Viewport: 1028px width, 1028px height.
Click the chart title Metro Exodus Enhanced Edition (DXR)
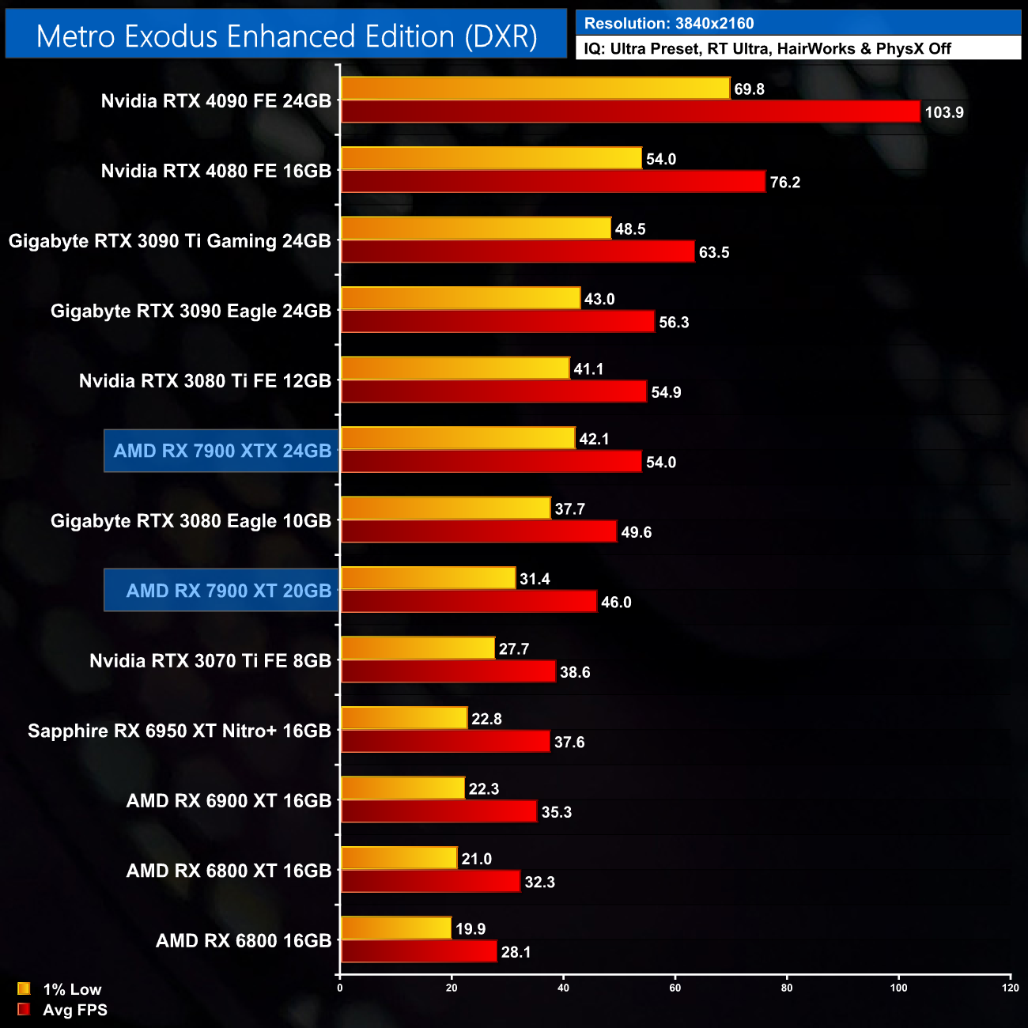[x=286, y=36]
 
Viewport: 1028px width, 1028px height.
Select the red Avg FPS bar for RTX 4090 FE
[x=630, y=111]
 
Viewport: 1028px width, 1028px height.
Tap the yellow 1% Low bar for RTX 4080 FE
[x=491, y=158]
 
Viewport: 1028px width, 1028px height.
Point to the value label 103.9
[x=944, y=112]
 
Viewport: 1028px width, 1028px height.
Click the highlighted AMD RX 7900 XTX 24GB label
[x=222, y=451]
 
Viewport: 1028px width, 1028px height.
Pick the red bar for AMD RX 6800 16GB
[x=419, y=951]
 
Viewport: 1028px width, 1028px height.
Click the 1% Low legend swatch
[x=24, y=988]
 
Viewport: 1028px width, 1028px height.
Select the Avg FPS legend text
[x=75, y=1010]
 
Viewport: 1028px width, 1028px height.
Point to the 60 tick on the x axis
[x=675, y=988]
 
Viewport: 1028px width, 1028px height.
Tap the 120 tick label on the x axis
[x=1011, y=988]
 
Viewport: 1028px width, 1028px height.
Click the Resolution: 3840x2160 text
[x=669, y=24]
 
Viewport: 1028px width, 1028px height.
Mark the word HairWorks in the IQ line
[x=816, y=49]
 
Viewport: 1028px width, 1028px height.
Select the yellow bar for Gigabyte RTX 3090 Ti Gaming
[x=476, y=229]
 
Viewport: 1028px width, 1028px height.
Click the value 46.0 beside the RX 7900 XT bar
[x=616, y=603]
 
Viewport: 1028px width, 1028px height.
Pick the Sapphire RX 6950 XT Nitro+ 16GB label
[x=180, y=731]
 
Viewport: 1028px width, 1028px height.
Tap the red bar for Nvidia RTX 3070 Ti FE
[x=448, y=671]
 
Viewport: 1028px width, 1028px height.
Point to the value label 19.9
[x=471, y=929]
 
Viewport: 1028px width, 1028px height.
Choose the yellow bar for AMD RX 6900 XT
[x=403, y=788]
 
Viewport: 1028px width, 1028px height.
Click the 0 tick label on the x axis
[x=340, y=988]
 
